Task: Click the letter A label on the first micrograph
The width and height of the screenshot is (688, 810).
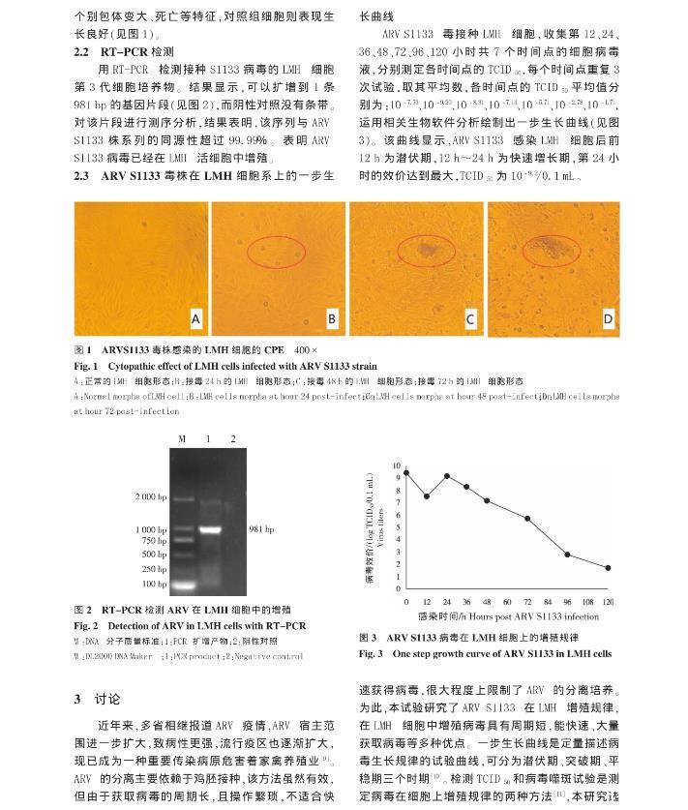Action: (195, 318)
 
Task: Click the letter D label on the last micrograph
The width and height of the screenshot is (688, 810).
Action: (608, 318)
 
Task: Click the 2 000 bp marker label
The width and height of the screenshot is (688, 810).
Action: (151, 496)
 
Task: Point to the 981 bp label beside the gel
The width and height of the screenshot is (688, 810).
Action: (262, 529)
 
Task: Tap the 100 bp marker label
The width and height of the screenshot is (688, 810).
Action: (154, 584)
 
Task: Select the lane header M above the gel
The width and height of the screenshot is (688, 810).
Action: (181, 439)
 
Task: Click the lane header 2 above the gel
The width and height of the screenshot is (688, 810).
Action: (232, 439)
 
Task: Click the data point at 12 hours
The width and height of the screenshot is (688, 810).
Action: (426, 496)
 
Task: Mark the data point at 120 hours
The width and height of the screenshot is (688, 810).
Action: (608, 568)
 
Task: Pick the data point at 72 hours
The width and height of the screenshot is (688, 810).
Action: (527, 519)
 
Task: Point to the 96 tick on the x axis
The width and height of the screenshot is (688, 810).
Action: (568, 602)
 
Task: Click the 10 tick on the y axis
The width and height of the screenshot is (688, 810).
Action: (396, 466)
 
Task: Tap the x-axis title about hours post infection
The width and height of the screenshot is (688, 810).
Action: (508, 615)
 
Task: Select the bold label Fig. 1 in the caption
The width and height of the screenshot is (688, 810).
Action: (87, 367)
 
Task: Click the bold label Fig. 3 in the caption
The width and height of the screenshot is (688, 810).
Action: (372, 653)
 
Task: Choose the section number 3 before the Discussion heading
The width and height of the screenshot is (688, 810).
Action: (78, 698)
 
